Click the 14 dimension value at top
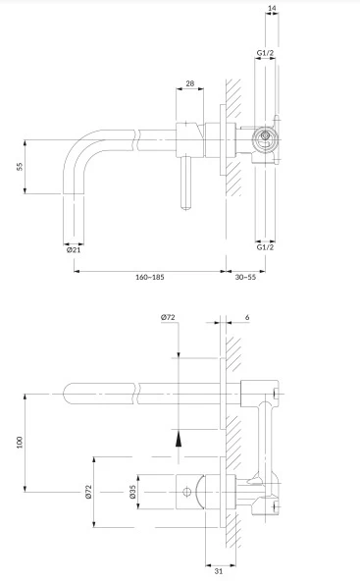click(272, 8)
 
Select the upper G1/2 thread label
click(265, 53)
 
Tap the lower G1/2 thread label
click(265, 247)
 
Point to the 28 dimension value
click(190, 83)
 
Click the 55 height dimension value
click(20, 167)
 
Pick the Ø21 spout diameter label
click(74, 250)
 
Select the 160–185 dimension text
click(149, 277)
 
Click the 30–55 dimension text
click(245, 277)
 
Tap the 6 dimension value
click(247, 317)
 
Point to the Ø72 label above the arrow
click(168, 317)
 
